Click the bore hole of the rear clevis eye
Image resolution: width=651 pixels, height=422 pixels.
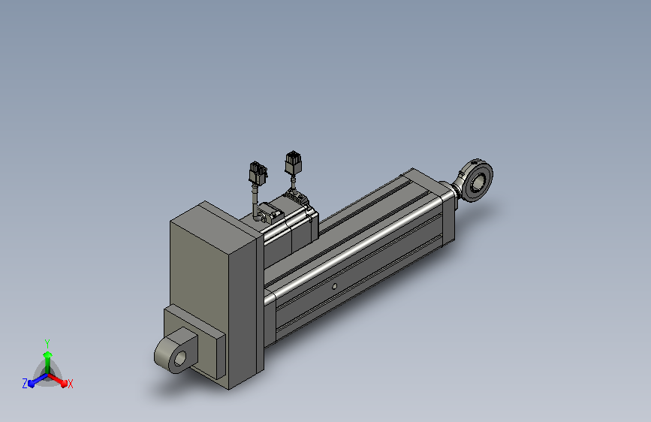pyautogui.click(x=180, y=358)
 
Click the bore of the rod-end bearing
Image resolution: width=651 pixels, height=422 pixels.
pyautogui.click(x=479, y=182)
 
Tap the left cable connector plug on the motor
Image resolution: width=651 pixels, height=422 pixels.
pyautogui.click(x=258, y=173)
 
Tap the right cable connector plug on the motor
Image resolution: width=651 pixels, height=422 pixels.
pyautogui.click(x=293, y=162)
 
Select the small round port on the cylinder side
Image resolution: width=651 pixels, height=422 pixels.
pyautogui.click(x=334, y=286)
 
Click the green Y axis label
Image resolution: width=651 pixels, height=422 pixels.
pyautogui.click(x=47, y=344)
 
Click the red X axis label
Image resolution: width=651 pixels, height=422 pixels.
pyautogui.click(x=70, y=384)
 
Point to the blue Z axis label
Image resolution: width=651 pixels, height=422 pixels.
pyautogui.click(x=25, y=384)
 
